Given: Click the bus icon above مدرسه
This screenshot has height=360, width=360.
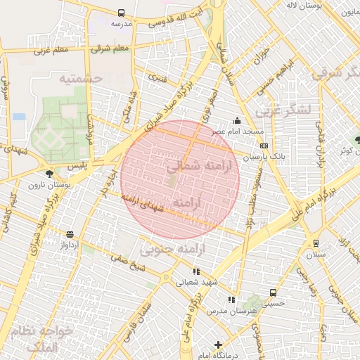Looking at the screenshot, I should pyautogui.click(x=122, y=13).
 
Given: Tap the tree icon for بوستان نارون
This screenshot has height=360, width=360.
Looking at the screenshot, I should pyautogui.click(x=49, y=173).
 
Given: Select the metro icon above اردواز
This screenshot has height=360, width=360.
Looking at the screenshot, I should pyautogui.click(x=70, y=234).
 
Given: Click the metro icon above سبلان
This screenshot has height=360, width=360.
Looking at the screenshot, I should pyautogui.click(x=316, y=243).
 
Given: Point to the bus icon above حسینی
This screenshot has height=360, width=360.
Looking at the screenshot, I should pyautogui.click(x=273, y=293).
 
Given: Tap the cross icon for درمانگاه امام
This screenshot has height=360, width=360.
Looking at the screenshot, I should pyautogui.click(x=219, y=345).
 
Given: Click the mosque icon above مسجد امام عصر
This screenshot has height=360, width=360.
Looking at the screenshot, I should pyautogui.click(x=238, y=120).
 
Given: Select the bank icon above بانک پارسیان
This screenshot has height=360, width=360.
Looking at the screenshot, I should pyautogui.click(x=263, y=146).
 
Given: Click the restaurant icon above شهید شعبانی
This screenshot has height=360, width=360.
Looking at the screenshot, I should pyautogui.click(x=196, y=271).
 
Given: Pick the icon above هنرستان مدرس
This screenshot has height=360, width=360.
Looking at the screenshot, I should pyautogui.click(x=231, y=300).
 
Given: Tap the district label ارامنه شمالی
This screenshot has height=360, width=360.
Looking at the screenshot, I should pyautogui.click(x=195, y=166).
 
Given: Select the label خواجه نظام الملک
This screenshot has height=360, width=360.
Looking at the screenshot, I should pyautogui.click(x=46, y=340).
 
